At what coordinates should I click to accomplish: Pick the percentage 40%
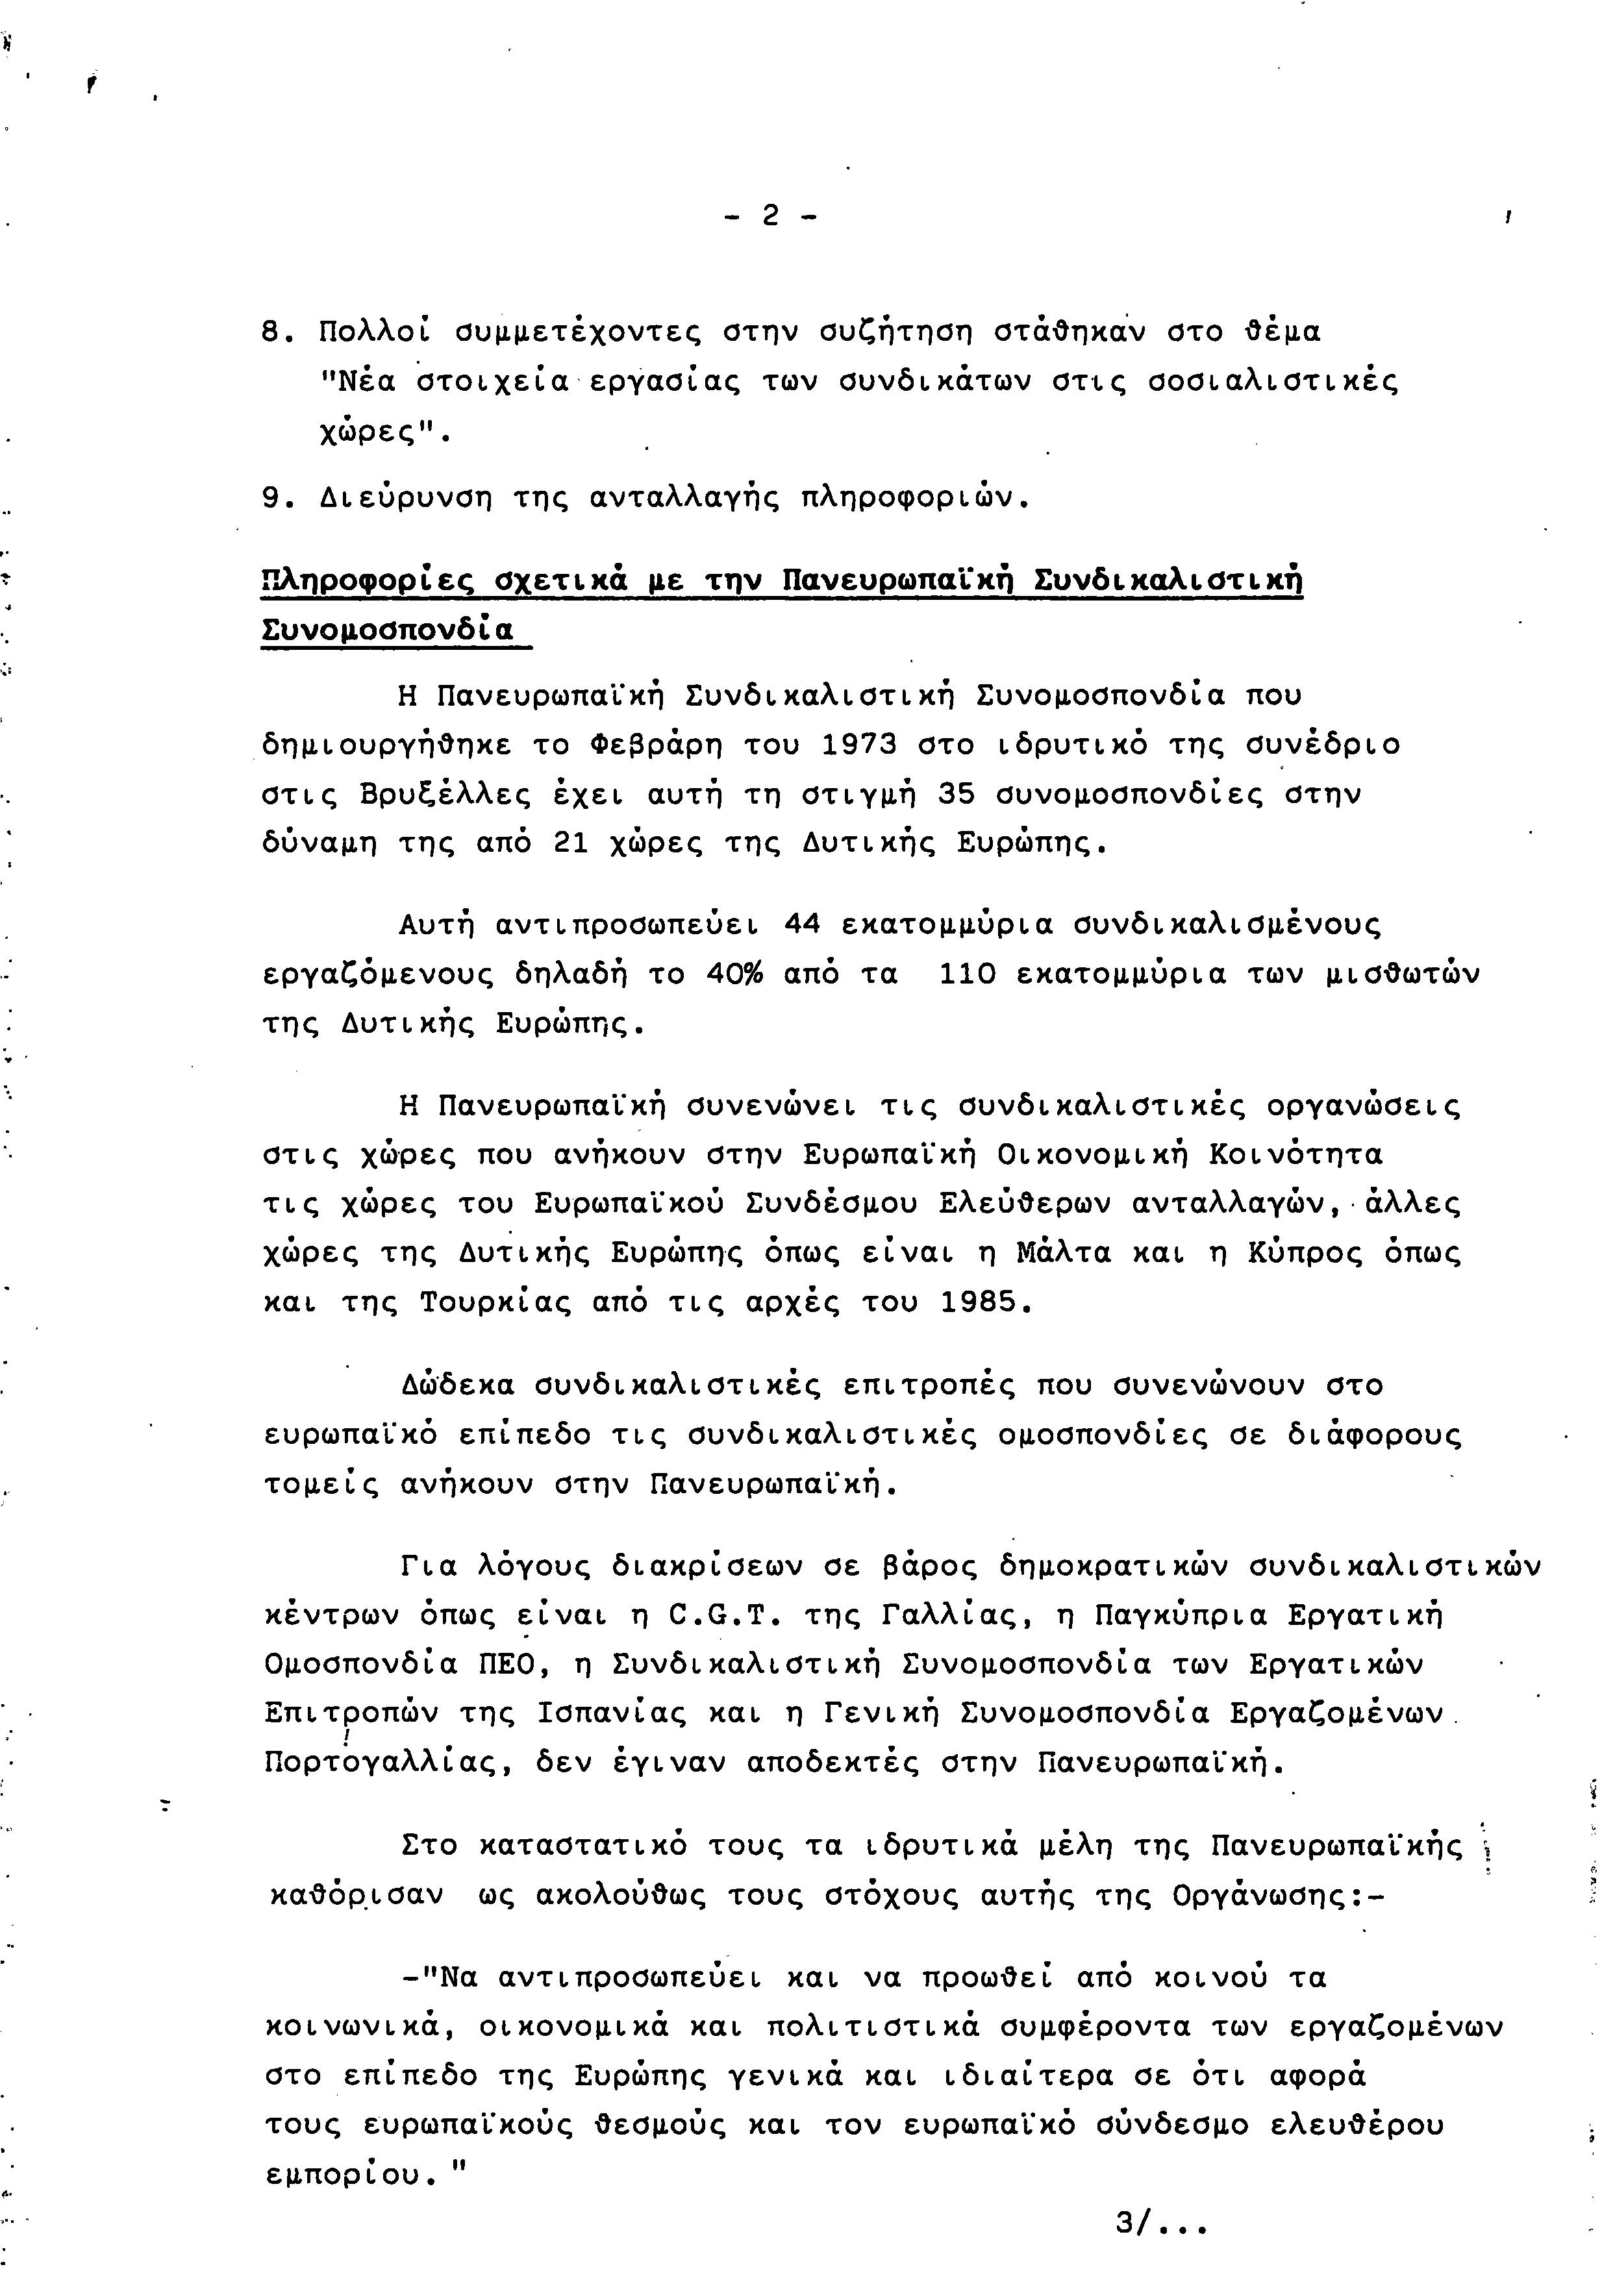coord(734,975)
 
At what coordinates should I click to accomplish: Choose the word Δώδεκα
coord(457,1385)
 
